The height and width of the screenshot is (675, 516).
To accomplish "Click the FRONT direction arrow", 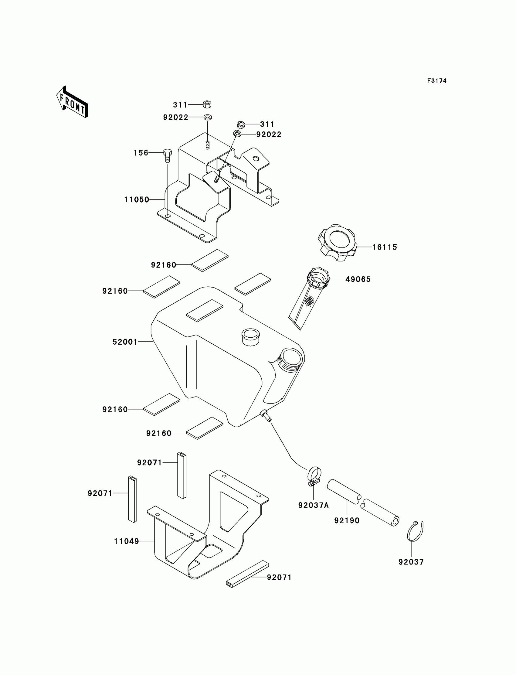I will point(73,102).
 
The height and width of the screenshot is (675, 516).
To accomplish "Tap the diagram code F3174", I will point(436,81).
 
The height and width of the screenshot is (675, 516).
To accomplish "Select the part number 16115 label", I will point(385,247).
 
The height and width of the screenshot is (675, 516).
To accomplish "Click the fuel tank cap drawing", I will point(337,243).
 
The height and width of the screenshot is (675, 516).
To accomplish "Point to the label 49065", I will point(358,279).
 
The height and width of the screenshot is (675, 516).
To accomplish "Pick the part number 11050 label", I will point(137,200).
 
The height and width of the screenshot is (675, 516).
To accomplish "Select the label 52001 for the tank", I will point(125,342).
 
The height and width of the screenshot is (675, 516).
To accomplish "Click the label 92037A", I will point(313,505).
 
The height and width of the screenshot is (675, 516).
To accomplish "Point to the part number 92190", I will point(347,520).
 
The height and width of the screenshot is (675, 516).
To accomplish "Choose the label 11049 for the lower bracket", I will point(126,541).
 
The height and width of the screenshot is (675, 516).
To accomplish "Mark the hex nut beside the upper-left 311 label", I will point(207,104).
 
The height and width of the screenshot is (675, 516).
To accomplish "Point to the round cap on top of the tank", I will point(251,336).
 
